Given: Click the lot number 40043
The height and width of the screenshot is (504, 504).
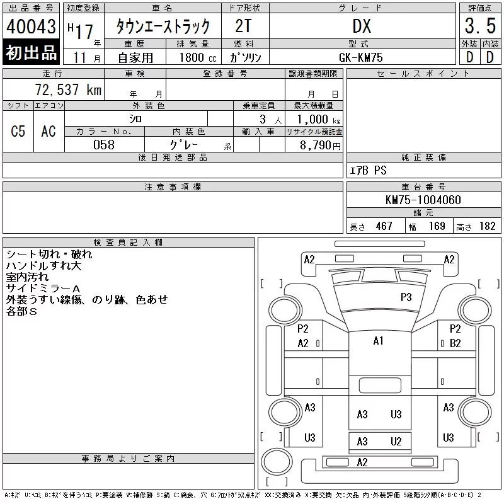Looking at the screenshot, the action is [x=31, y=26].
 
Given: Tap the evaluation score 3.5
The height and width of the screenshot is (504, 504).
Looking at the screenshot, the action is [x=480, y=26].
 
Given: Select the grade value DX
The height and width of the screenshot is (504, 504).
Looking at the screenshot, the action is [x=362, y=26].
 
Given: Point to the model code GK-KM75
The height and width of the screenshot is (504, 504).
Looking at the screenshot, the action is [x=360, y=57].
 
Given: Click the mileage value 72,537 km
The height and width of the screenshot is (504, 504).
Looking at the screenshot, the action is [x=68, y=89].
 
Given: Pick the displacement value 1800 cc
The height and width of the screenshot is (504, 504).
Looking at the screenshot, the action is [x=198, y=57].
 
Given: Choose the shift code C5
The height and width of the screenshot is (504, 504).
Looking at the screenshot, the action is [x=18, y=131].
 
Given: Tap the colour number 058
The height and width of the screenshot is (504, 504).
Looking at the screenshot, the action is [x=104, y=145].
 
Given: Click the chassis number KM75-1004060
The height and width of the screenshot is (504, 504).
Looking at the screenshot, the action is [x=423, y=200].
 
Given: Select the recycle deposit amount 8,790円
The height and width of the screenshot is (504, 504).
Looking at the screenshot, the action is [x=320, y=146].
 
